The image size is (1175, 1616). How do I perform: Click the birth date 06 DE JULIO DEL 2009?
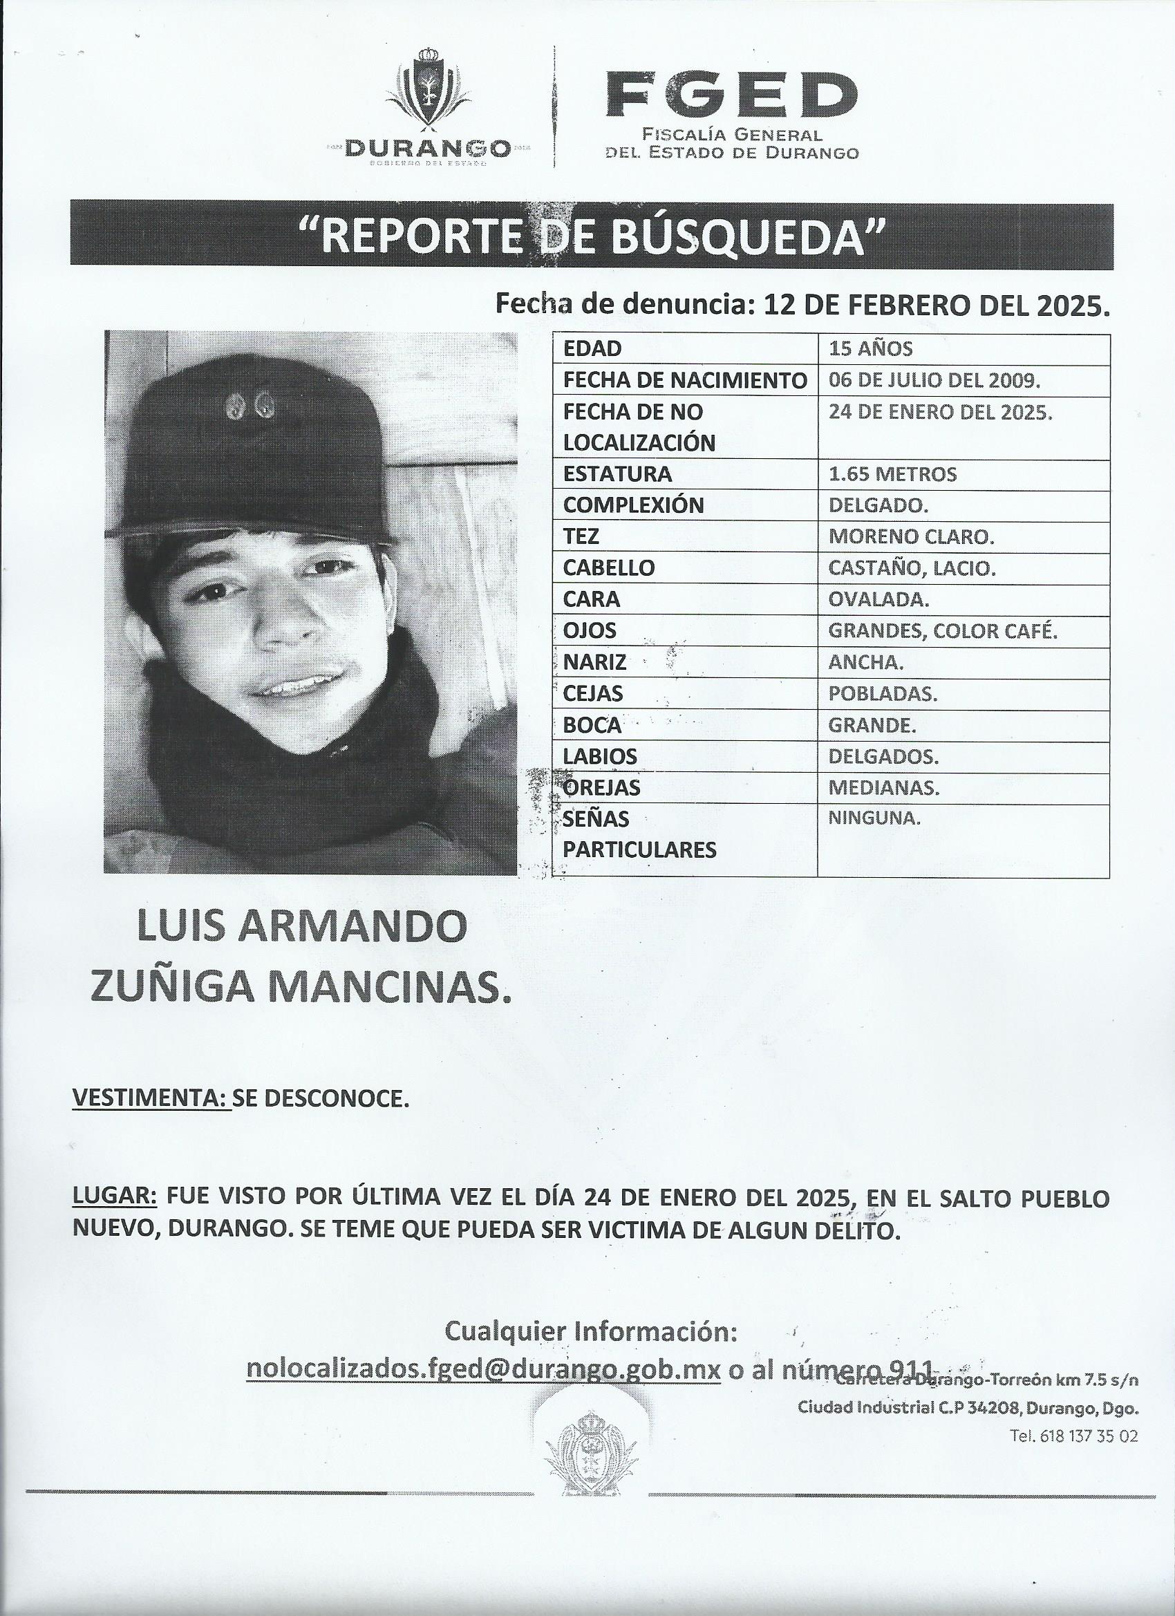point(934,379)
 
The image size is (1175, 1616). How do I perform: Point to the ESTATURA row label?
point(617,474)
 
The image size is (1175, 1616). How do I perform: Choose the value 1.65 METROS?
point(893,474)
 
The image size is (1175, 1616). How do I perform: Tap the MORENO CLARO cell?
point(912,536)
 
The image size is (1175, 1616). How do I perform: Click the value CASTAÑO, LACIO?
point(912,568)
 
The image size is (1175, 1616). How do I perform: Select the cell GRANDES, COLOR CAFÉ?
point(943,630)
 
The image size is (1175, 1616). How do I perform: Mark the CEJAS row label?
point(593,693)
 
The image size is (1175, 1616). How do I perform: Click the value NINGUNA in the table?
point(874,818)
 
